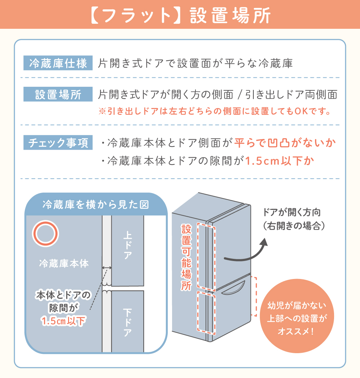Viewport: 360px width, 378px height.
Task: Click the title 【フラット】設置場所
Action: coord(180,15)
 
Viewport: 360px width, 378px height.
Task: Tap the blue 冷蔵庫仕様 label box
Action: coord(58,63)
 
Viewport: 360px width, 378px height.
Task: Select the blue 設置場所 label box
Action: coord(58,94)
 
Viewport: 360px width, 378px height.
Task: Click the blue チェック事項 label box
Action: coord(58,143)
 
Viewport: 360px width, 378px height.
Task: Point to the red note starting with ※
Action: coord(215,111)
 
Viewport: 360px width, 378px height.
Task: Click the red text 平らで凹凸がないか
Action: coord(285,143)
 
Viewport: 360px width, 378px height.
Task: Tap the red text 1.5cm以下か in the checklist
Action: coord(280,161)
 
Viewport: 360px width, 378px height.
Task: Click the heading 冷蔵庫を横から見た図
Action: coord(96,204)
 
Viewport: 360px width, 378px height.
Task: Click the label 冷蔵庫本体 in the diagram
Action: coord(64,264)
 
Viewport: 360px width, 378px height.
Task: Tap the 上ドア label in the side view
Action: coord(127,245)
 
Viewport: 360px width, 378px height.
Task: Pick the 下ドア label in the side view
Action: coord(127,323)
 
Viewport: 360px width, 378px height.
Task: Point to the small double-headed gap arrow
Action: coord(107,267)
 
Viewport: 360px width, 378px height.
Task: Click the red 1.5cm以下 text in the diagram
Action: coord(63,321)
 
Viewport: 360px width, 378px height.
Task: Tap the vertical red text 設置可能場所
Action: coord(186,257)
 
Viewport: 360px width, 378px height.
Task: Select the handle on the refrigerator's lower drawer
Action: coord(233,289)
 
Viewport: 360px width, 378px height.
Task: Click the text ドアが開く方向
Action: coord(292,212)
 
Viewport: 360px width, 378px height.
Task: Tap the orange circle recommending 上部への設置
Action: coord(297,316)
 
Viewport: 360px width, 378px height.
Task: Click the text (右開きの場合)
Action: coord(294,226)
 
